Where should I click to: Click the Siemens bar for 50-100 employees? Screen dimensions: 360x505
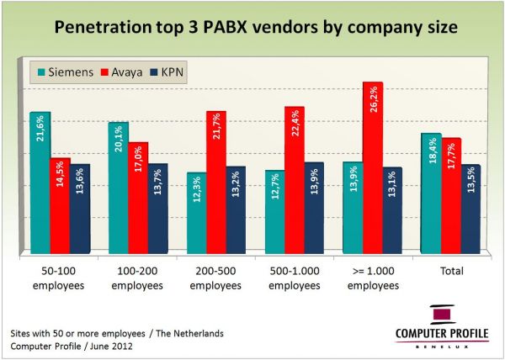[x=40, y=181]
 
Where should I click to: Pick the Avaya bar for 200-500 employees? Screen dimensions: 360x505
[x=216, y=182]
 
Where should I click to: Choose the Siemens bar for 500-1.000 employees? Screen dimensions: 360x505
[x=274, y=211]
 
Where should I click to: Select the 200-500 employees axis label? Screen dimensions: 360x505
[x=215, y=279]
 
